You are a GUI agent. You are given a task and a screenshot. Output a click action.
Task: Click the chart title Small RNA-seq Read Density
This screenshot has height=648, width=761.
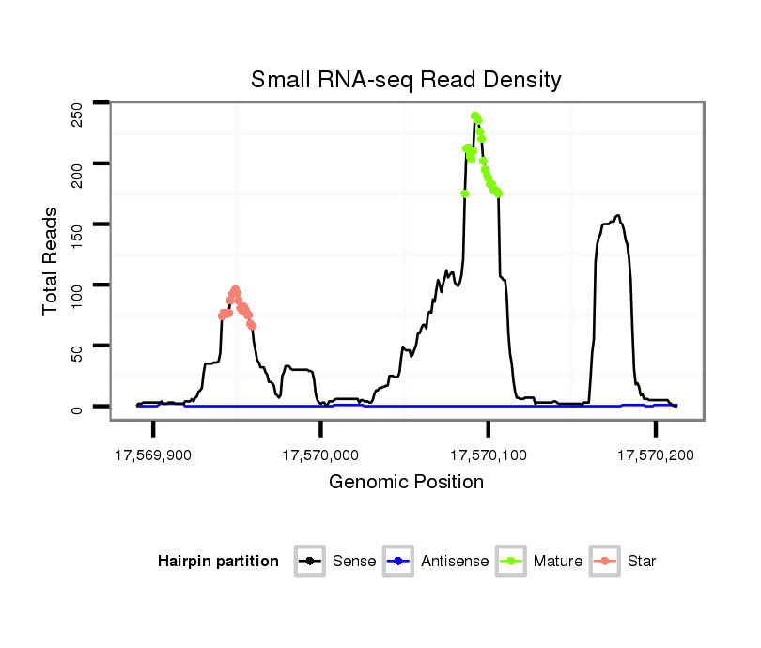(x=406, y=80)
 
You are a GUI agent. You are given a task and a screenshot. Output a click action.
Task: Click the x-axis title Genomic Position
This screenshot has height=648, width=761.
(x=406, y=483)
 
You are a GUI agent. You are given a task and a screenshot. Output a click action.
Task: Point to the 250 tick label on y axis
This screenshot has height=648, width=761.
(x=78, y=114)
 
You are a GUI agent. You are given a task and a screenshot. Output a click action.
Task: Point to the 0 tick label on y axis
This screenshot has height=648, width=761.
(x=78, y=408)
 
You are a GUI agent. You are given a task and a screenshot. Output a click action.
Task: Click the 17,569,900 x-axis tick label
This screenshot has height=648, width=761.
(x=153, y=455)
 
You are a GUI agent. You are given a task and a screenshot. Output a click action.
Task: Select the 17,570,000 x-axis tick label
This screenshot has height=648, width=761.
(x=320, y=455)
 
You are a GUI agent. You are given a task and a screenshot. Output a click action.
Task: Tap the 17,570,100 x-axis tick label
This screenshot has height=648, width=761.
(x=488, y=455)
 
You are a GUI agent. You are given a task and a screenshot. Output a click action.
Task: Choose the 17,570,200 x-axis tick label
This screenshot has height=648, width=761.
(x=655, y=455)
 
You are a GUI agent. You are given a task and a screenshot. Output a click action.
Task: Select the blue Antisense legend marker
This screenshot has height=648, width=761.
(x=398, y=562)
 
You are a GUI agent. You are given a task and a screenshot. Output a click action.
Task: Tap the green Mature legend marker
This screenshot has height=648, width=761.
(x=511, y=562)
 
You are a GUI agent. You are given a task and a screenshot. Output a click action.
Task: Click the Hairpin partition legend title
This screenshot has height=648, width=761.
(x=218, y=562)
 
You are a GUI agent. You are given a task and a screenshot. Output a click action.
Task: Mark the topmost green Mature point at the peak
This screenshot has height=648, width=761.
(x=475, y=116)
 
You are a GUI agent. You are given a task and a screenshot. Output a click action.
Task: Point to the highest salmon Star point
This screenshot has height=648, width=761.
(x=235, y=289)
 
